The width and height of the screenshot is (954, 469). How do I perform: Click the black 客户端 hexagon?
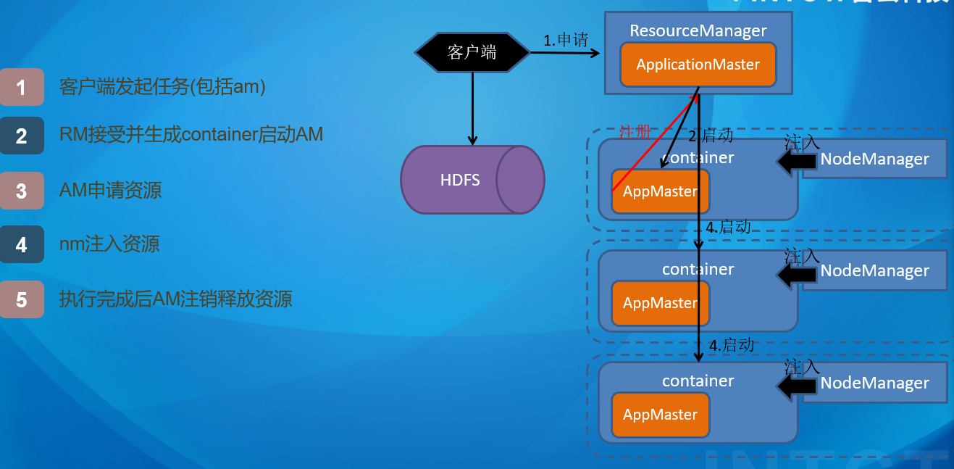click(x=472, y=52)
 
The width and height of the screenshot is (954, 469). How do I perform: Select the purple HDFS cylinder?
click(x=471, y=180)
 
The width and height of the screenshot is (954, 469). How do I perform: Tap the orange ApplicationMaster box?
click(x=698, y=65)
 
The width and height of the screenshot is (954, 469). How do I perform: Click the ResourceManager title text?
click(x=698, y=30)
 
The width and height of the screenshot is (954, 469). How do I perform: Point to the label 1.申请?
click(x=566, y=41)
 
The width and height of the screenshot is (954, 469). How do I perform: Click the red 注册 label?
click(x=635, y=132)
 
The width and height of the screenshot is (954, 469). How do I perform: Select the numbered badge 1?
click(x=22, y=87)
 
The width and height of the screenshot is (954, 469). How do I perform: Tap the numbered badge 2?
click(x=22, y=136)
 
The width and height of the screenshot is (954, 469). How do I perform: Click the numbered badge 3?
click(x=22, y=191)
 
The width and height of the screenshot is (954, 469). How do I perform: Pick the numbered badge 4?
click(x=22, y=244)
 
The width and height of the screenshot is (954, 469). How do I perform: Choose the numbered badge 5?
click(x=22, y=299)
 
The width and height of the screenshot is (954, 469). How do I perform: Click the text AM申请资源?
click(x=110, y=191)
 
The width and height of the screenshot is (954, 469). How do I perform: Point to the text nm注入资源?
click(x=109, y=244)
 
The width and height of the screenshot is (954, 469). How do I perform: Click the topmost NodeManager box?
click(x=874, y=159)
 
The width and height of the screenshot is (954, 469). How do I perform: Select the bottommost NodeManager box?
click(x=874, y=383)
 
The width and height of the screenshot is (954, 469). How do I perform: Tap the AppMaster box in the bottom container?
click(x=660, y=415)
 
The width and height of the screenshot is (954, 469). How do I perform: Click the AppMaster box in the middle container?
click(x=660, y=303)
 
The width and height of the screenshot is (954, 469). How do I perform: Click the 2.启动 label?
click(x=711, y=136)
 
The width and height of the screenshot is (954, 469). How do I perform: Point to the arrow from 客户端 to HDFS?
click(x=472, y=109)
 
